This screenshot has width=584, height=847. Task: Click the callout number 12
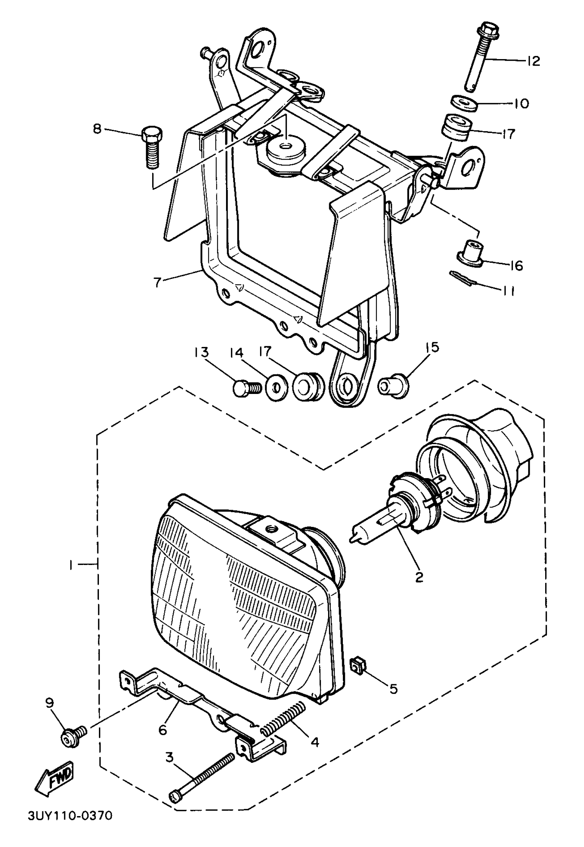534,61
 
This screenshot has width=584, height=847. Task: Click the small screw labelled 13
246,389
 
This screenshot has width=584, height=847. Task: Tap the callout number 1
70,566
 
